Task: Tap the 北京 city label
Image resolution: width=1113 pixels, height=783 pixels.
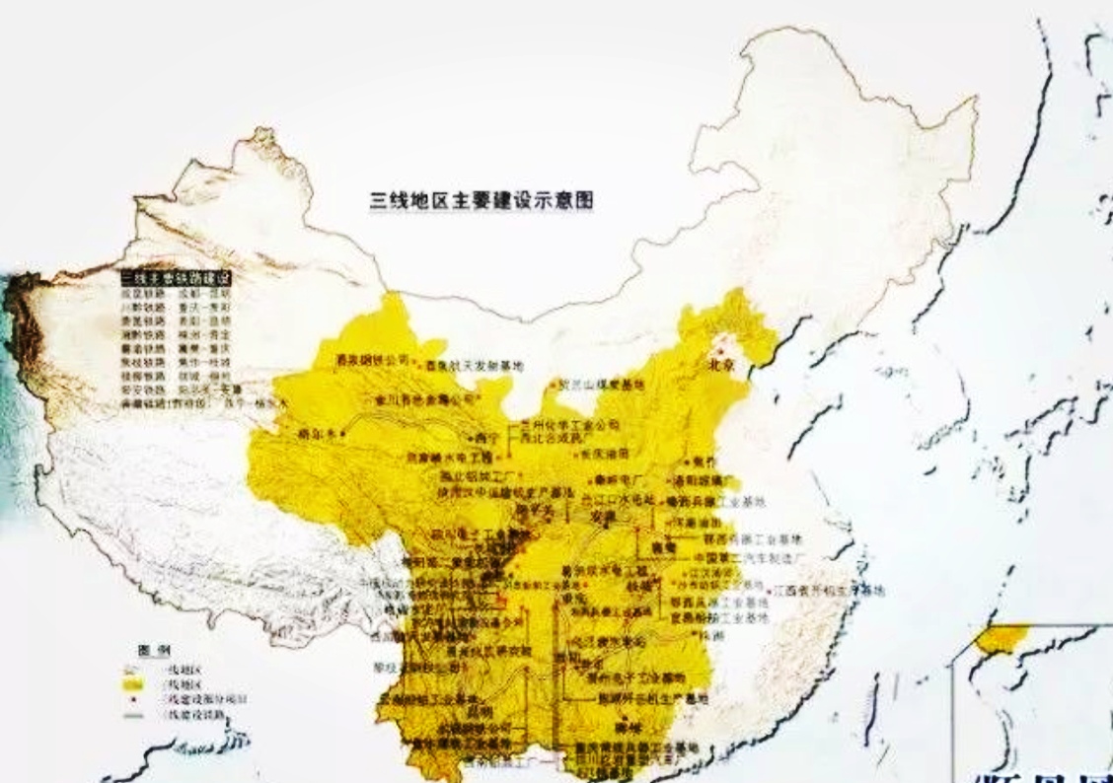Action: tap(722, 364)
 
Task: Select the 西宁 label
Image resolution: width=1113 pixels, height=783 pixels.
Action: tap(483, 435)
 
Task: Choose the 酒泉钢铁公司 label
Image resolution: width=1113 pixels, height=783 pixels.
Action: tap(372, 359)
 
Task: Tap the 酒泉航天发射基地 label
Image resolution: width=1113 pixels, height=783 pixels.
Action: tap(471, 366)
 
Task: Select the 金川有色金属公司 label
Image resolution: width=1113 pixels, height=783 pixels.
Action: tap(414, 399)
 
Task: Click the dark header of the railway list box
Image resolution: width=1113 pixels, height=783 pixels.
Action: tap(174, 279)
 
